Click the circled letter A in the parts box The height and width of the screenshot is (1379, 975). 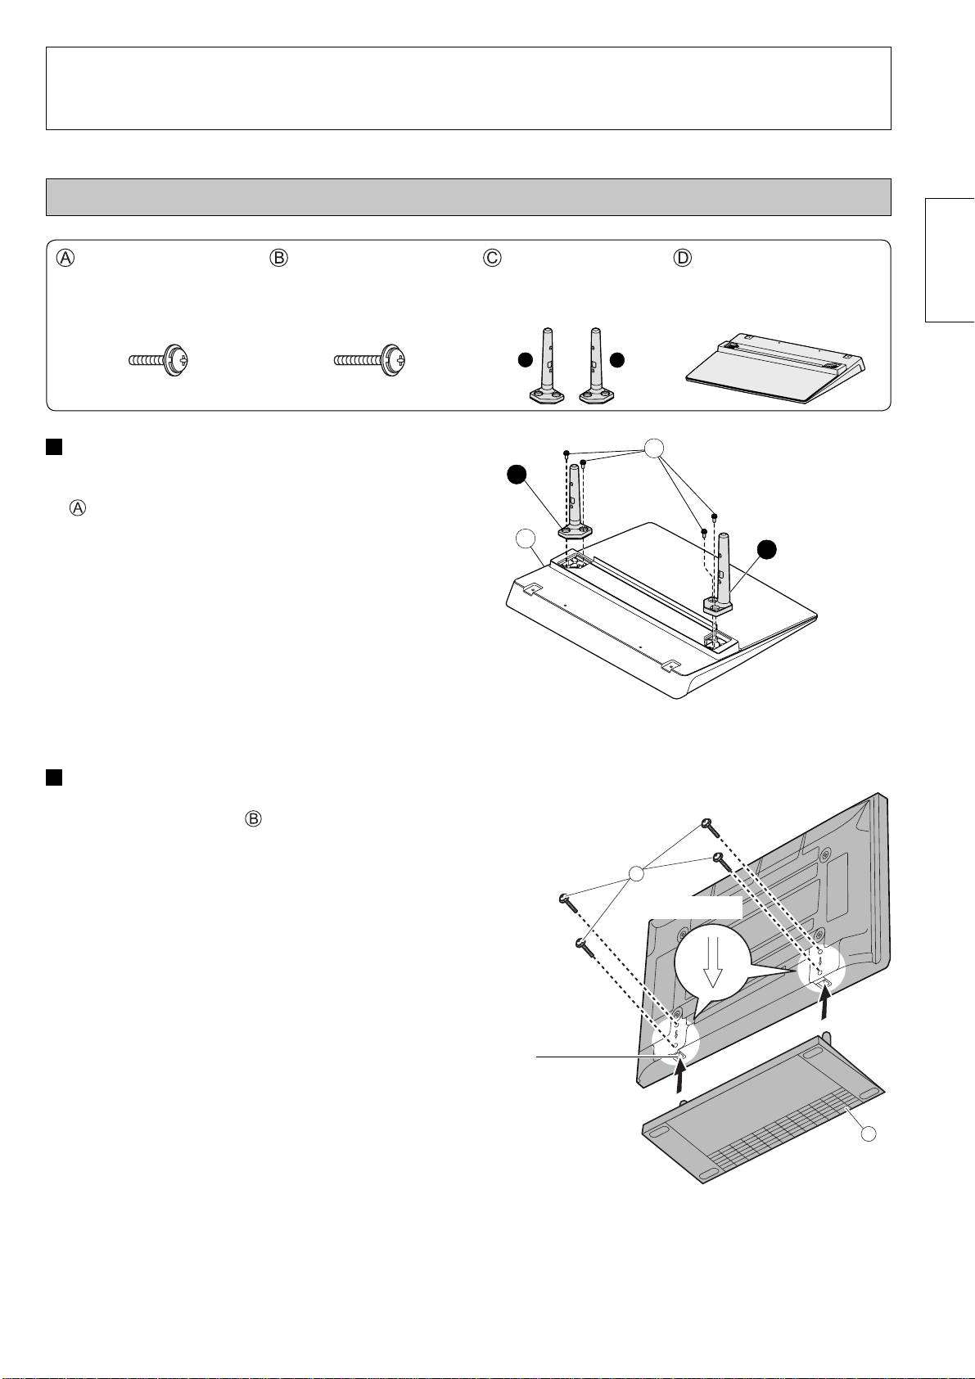click(x=65, y=258)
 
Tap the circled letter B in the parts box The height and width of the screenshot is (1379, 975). click(x=279, y=258)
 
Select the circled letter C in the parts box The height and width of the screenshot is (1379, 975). click(x=492, y=258)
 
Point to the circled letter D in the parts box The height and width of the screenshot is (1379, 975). click(x=682, y=258)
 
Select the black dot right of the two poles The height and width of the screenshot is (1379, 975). click(x=618, y=360)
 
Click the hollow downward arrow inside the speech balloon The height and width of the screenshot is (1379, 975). click(x=712, y=962)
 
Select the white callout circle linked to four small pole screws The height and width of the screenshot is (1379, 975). click(x=653, y=448)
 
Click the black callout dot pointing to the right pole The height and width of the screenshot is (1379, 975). click(x=767, y=551)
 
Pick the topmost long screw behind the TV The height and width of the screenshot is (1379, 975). click(x=709, y=827)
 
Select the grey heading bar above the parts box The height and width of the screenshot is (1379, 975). click(x=468, y=196)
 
